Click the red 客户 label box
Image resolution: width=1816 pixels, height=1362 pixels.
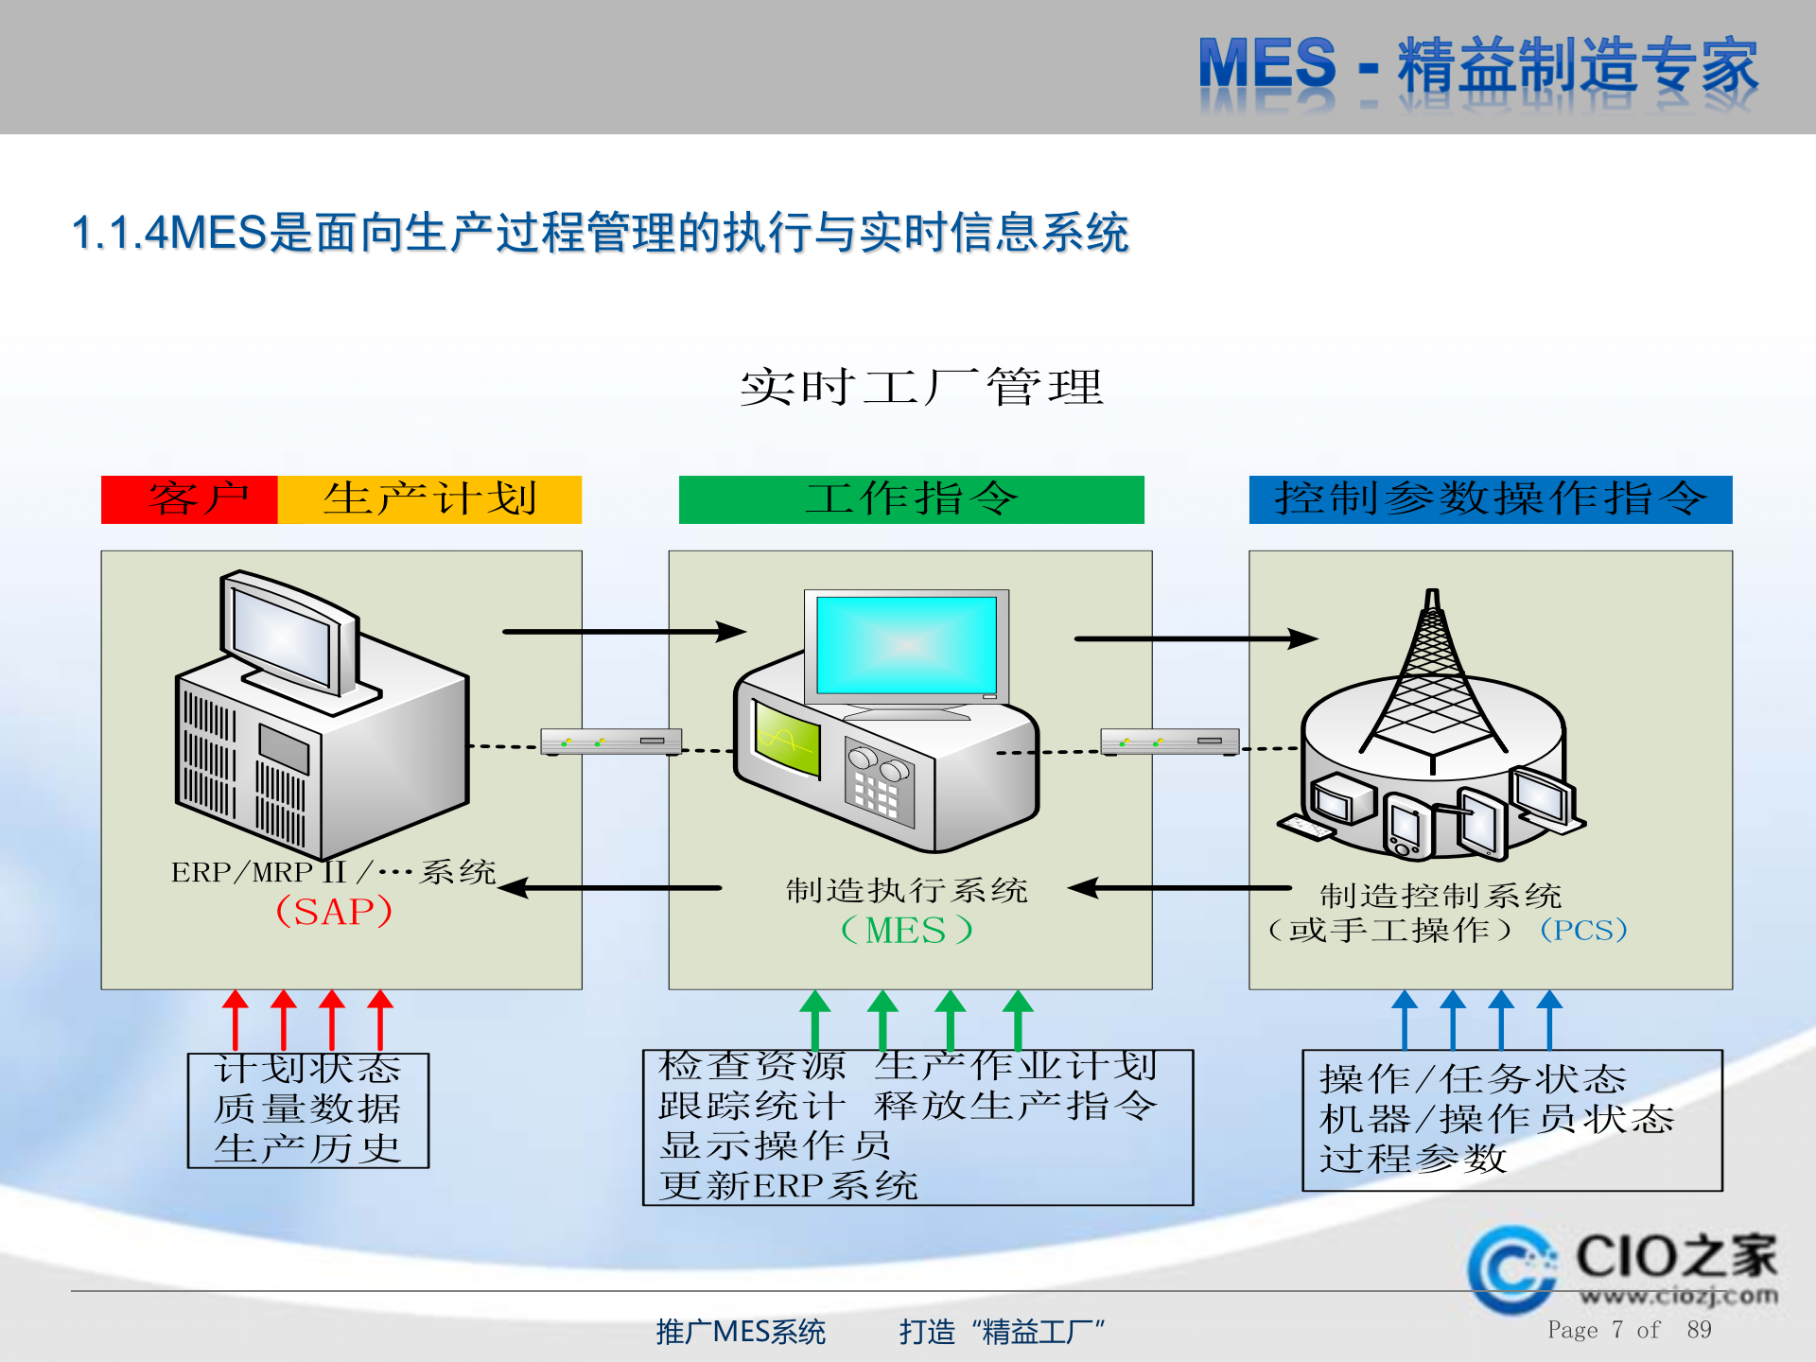[x=189, y=499]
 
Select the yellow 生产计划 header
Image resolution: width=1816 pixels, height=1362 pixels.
[x=429, y=499]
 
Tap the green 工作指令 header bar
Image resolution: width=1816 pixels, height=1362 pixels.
[x=911, y=499]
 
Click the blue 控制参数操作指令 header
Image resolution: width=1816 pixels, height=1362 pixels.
[x=1490, y=499]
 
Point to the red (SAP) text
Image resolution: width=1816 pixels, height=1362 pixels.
[x=334, y=912]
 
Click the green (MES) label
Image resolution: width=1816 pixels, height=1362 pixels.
[x=906, y=931]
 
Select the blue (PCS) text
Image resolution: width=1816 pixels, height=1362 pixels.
[x=1583, y=930]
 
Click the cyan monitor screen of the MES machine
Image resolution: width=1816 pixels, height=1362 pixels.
[x=906, y=645]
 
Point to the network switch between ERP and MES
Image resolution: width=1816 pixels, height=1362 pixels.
[x=611, y=742]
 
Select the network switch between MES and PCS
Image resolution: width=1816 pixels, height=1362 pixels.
[x=1170, y=742]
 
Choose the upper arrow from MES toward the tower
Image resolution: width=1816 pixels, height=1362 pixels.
[x=1196, y=639]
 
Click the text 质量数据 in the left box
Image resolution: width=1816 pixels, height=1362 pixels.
[x=307, y=1109]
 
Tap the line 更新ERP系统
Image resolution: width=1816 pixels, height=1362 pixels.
[x=789, y=1185]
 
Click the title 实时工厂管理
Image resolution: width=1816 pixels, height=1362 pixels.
[x=921, y=388]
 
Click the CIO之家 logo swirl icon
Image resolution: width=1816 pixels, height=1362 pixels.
[x=1510, y=1269]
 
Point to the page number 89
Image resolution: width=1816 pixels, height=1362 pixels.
[x=1699, y=1330]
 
